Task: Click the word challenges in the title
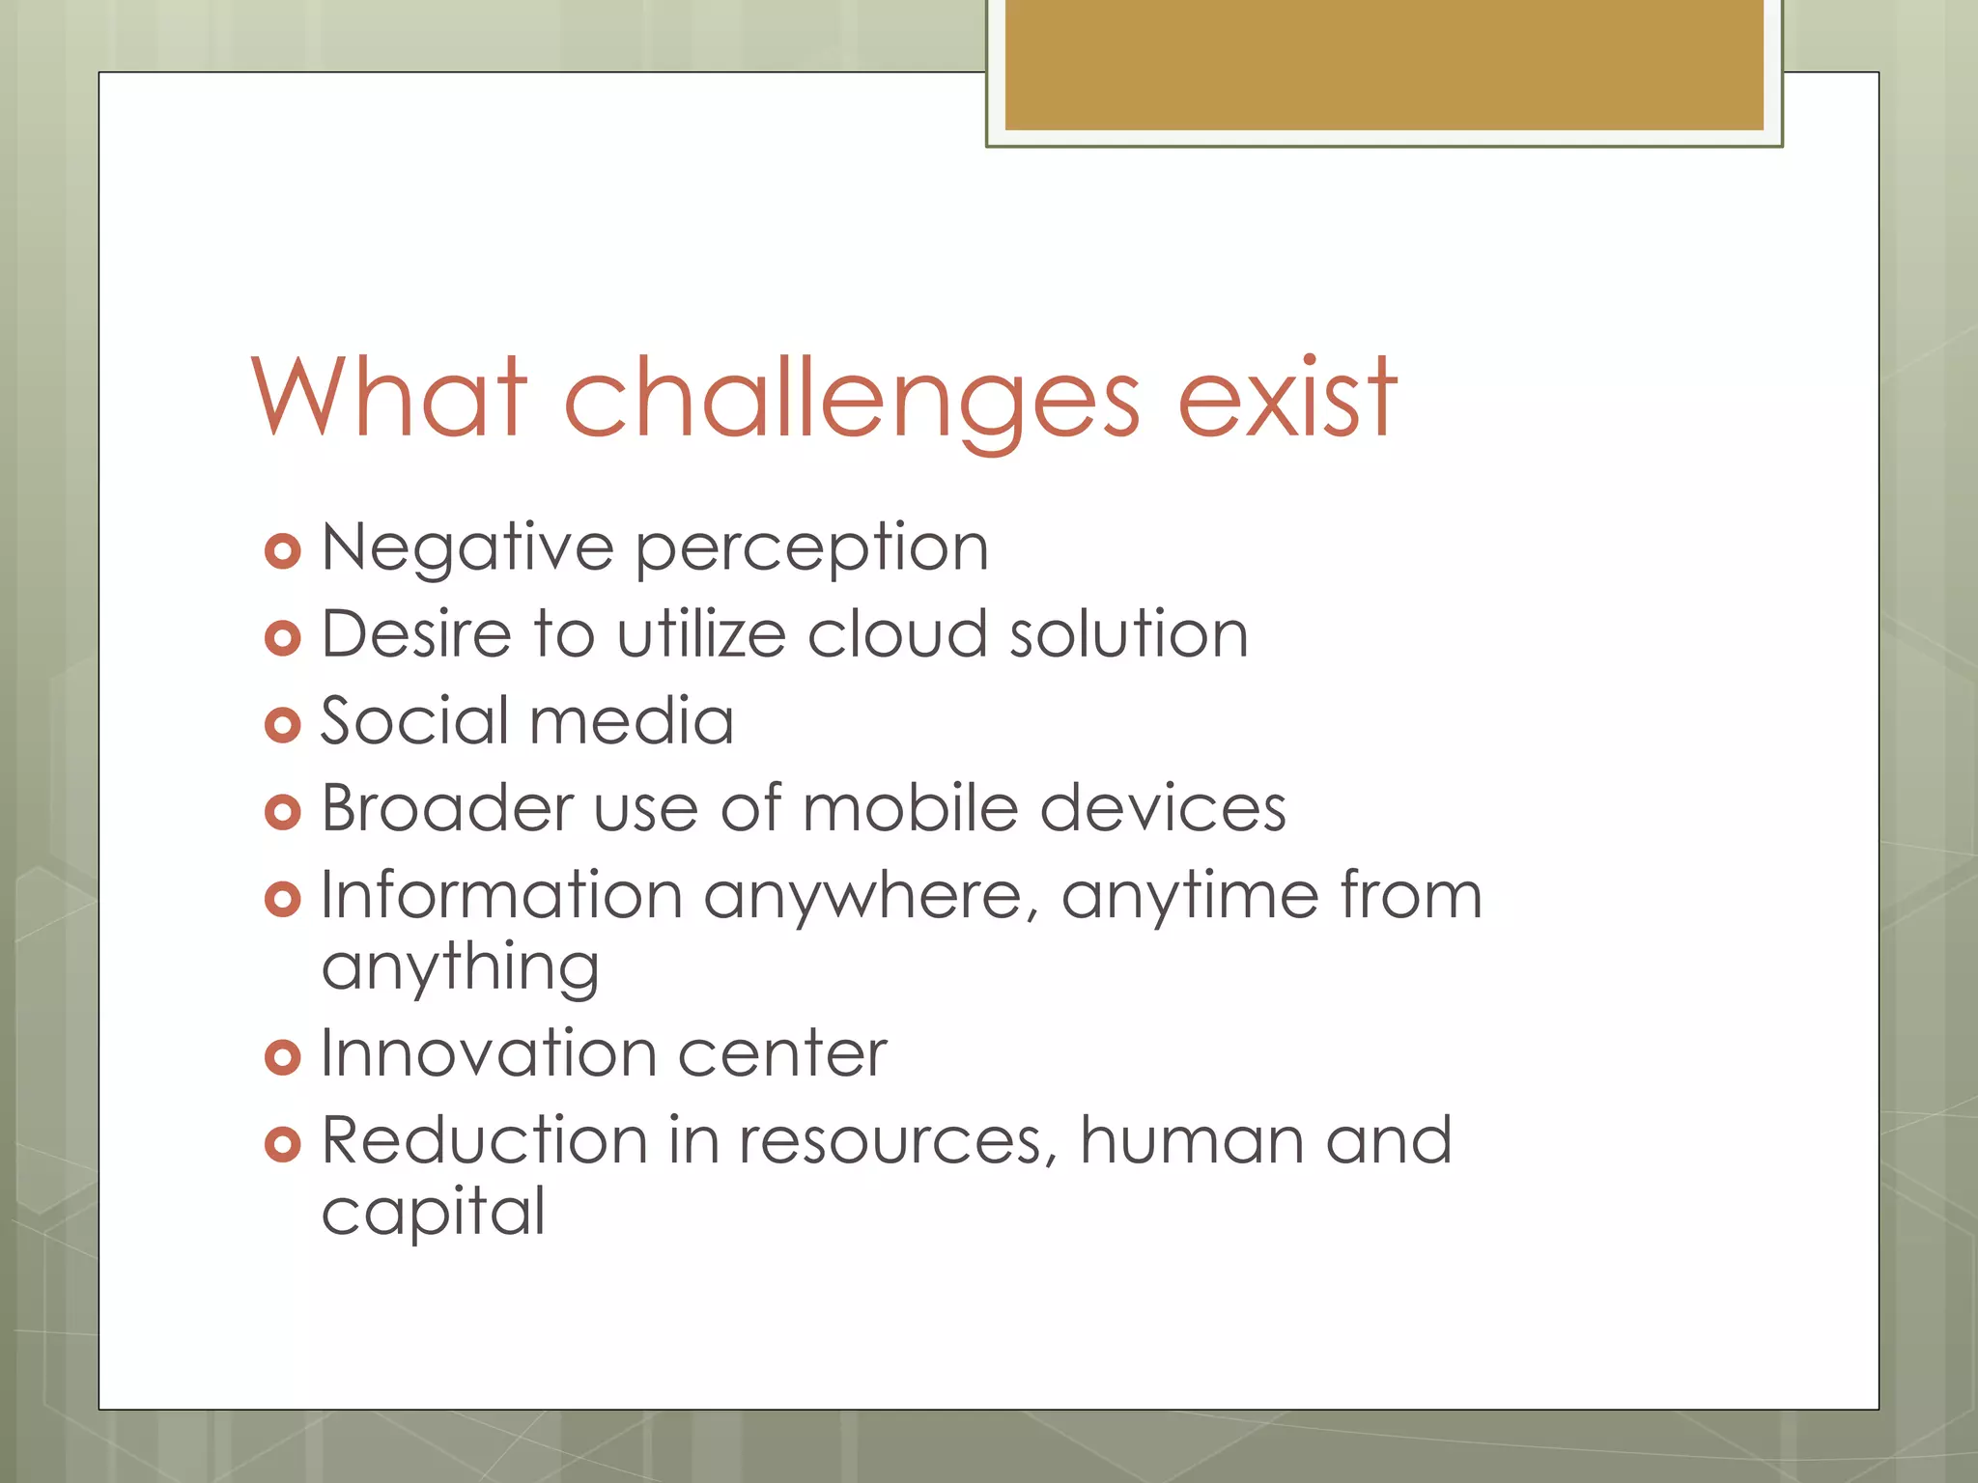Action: click(850, 398)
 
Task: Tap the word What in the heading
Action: click(388, 398)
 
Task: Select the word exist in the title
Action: click(1286, 398)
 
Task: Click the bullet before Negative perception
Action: click(282, 551)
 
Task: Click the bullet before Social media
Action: click(282, 725)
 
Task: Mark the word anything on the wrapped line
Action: click(460, 968)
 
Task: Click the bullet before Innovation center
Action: click(282, 1057)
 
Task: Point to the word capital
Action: click(433, 1214)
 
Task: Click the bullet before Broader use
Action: click(282, 812)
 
